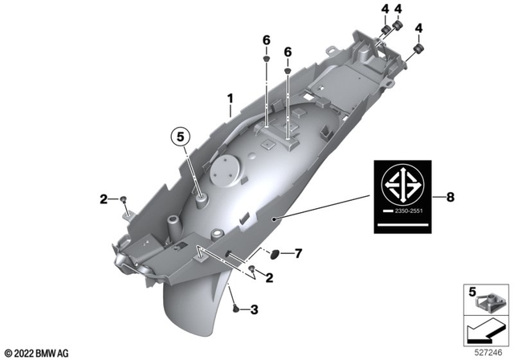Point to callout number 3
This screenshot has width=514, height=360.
tap(255, 309)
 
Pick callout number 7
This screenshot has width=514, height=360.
tap(298, 254)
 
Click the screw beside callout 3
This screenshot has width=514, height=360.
tap(235, 308)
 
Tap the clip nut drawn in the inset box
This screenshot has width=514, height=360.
tap(488, 305)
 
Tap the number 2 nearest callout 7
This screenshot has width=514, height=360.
tap(269, 277)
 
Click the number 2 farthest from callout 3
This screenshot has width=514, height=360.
tap(103, 198)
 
